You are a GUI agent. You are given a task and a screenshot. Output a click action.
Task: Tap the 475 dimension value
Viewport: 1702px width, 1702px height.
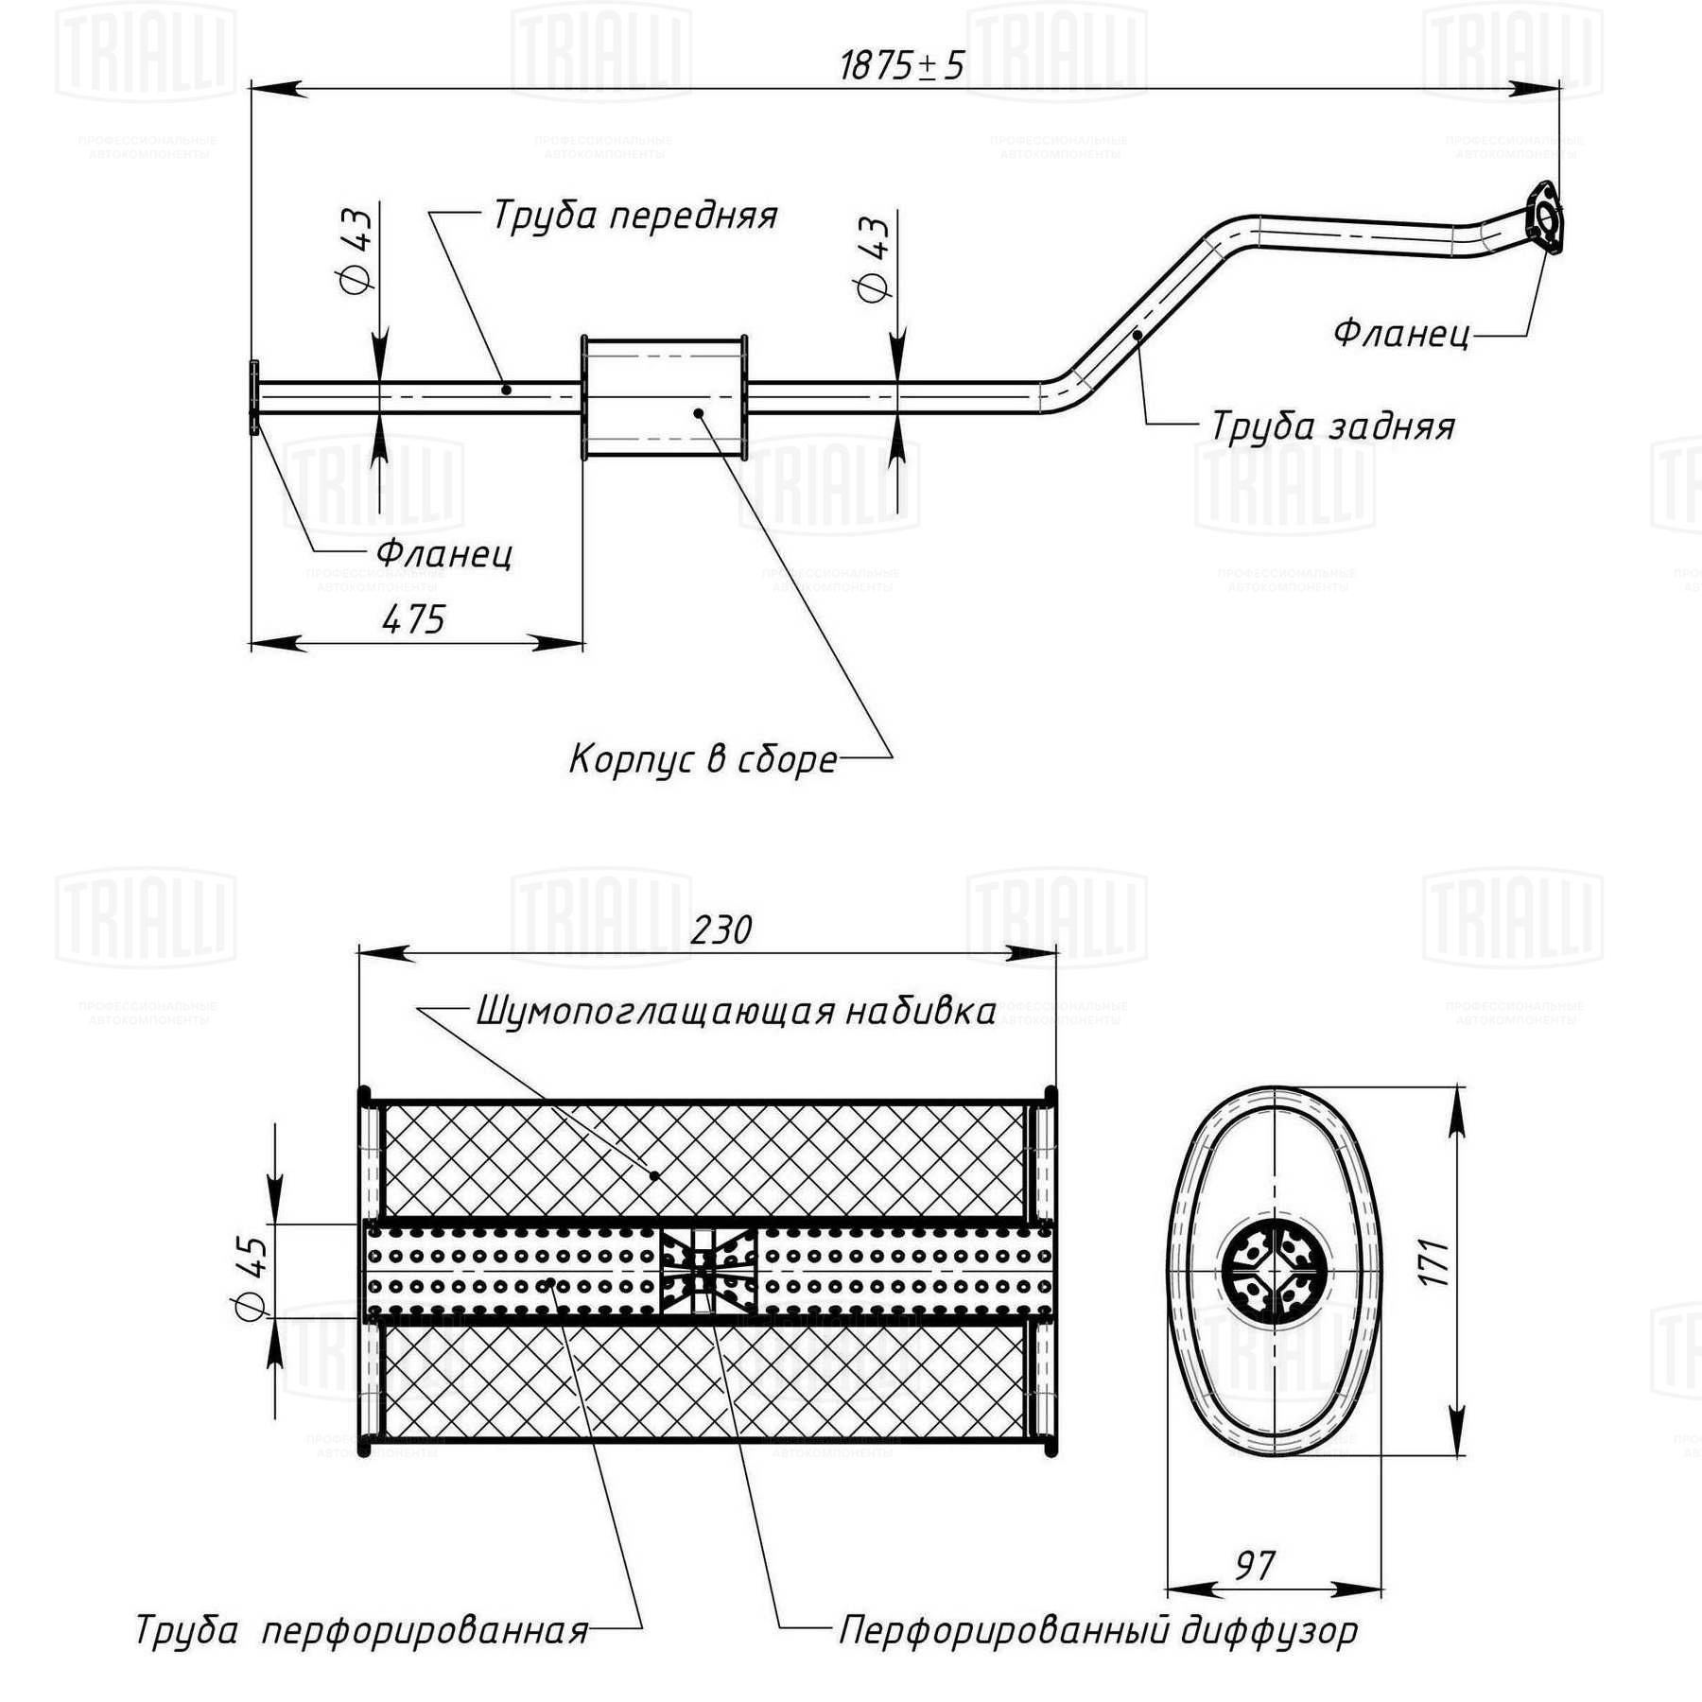(x=413, y=619)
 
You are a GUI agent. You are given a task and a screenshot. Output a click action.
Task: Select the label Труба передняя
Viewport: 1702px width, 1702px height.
(x=634, y=217)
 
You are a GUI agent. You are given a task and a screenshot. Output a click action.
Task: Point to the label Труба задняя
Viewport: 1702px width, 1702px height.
(x=1332, y=426)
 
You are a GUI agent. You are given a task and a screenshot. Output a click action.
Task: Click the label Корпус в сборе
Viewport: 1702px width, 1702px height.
(x=703, y=759)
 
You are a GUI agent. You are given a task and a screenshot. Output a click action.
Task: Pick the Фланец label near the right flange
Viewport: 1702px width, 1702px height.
(x=1401, y=334)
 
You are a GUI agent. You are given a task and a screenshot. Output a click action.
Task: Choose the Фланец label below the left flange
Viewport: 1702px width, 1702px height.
(x=444, y=553)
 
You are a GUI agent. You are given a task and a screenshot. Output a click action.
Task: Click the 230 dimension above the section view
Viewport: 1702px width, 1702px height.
(x=721, y=929)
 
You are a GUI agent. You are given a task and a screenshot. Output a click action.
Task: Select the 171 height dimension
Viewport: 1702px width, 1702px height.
(x=1433, y=1262)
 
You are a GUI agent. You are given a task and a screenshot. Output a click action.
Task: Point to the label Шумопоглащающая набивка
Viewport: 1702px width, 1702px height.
(x=736, y=1011)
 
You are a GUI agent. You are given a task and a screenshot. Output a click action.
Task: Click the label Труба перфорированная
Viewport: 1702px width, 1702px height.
(x=362, y=1630)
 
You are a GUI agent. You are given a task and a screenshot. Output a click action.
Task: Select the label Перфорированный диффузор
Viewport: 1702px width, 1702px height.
(x=1099, y=1629)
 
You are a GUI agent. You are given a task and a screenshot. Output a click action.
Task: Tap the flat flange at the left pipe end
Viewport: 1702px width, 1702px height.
(x=253, y=398)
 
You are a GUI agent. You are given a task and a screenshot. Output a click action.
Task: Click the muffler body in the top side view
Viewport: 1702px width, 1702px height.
(x=664, y=398)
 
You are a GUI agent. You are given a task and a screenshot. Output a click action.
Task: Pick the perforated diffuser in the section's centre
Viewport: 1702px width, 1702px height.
(x=708, y=1269)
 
